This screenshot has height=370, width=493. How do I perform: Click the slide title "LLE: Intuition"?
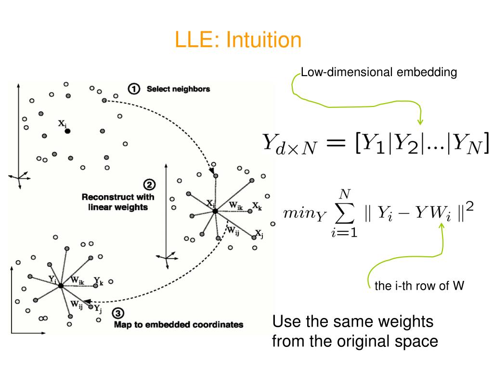238,40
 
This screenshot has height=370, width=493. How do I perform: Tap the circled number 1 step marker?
133,89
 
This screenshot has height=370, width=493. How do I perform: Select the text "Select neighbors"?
178,89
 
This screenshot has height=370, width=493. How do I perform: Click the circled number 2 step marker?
149,185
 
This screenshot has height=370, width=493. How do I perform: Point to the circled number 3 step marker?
117,313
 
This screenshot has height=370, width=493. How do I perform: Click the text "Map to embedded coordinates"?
178,324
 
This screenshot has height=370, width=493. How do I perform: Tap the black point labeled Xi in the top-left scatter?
67,131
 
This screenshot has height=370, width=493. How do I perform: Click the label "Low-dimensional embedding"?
378,73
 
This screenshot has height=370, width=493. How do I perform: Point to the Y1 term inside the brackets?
373,144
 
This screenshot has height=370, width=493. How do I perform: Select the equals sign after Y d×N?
335,143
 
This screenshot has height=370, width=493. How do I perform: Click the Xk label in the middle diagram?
257,207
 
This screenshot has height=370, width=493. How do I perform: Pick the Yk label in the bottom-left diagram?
98,281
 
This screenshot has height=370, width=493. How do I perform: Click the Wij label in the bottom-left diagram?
77,304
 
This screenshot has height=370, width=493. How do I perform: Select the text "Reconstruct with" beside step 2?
117,197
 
